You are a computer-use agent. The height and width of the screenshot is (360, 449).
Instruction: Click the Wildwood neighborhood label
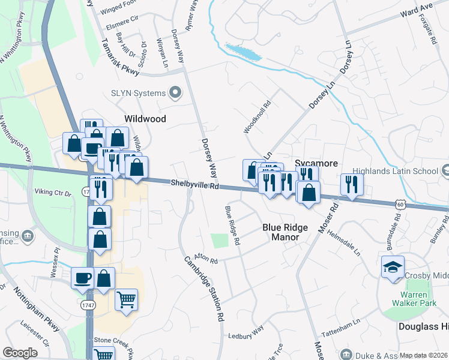click(x=145, y=119)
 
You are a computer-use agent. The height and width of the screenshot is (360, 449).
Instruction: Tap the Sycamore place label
click(x=316, y=163)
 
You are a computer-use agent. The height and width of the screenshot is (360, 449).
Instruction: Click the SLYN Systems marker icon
click(x=175, y=92)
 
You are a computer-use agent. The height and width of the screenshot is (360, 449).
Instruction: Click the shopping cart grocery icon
click(x=126, y=299)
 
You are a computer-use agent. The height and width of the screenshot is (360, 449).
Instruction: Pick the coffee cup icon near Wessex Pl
click(x=82, y=278)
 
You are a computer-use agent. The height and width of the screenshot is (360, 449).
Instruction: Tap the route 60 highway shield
click(x=400, y=205)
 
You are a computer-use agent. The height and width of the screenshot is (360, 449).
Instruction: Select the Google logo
click(x=20, y=353)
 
